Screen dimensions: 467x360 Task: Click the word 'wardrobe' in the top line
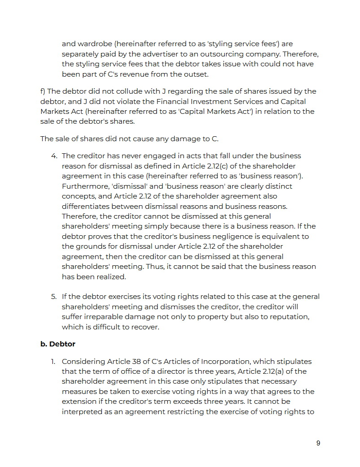tap(91, 44)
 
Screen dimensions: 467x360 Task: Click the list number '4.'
tap(54, 156)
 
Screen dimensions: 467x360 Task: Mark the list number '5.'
tap(54, 297)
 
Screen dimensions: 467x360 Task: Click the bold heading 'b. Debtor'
tap(58, 344)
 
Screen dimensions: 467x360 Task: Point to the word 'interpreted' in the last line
tap(82, 411)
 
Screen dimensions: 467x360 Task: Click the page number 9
tap(318, 443)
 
